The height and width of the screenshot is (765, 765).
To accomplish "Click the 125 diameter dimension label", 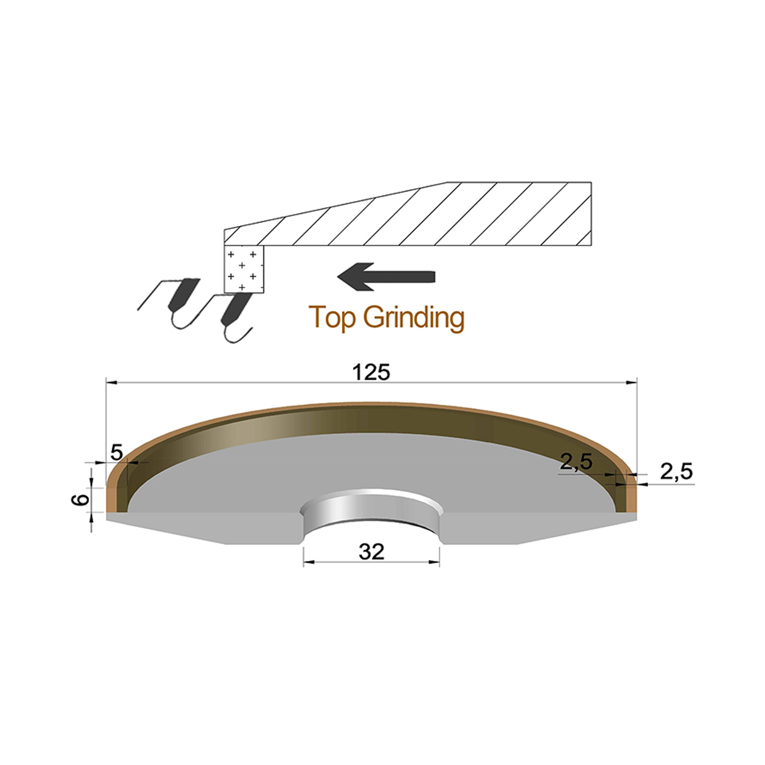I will pos(371,372).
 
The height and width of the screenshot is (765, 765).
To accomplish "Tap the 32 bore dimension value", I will pos(371,552).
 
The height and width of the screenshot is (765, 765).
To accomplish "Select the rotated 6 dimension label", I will pos(80,500).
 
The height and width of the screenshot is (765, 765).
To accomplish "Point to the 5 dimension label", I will pos(117,452).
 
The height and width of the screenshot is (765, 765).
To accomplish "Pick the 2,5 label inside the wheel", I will pos(576,462).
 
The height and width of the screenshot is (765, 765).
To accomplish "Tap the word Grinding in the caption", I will pos(414,318).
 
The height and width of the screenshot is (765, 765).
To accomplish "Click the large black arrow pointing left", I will pos(386,276).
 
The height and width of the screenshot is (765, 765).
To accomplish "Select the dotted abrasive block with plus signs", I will pos(244,269).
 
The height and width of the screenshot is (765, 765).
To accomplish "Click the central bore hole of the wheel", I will pos(371,517).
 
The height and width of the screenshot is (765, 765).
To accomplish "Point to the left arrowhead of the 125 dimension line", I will pos(111,382).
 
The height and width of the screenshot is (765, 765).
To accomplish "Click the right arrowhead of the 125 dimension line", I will pos(632,382).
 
